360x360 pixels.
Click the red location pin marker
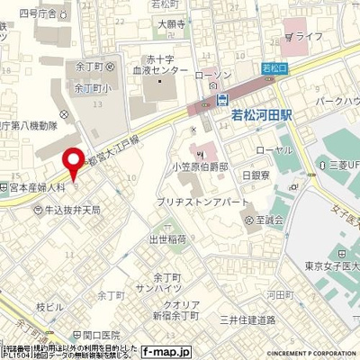pos(73,164)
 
